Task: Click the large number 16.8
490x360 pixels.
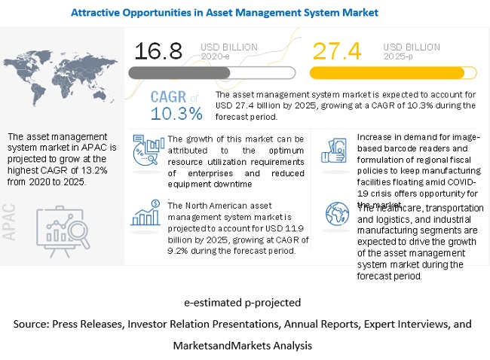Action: click(160, 51)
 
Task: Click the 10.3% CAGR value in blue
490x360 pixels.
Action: click(176, 114)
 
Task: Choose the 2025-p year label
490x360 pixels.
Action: click(397, 55)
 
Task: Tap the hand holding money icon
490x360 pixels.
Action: click(334, 149)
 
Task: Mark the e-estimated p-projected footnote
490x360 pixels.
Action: click(242, 303)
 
